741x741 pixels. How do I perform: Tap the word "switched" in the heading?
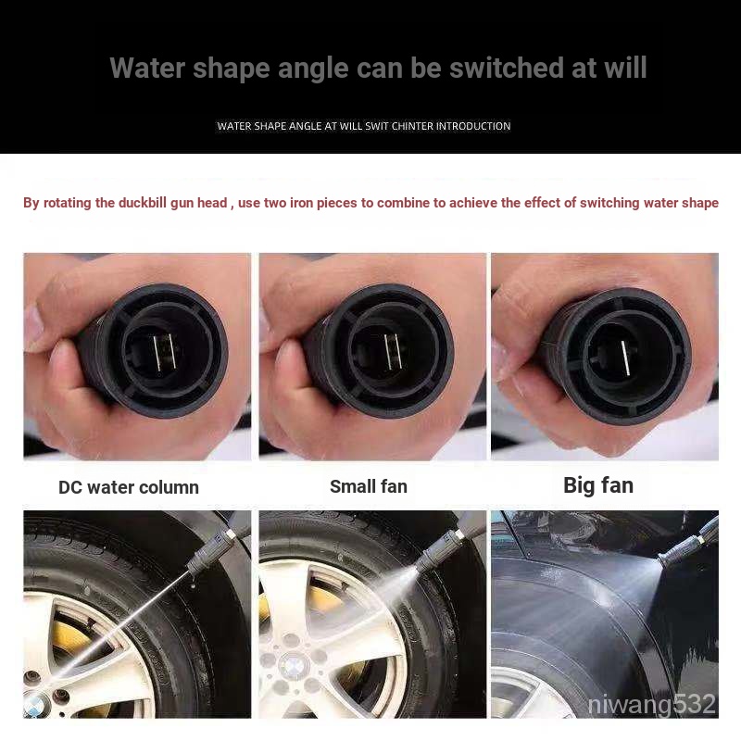coord(506,68)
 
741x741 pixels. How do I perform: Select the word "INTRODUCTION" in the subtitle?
coord(473,126)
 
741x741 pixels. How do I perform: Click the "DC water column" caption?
coord(129,487)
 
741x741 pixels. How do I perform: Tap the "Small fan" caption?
coord(369,486)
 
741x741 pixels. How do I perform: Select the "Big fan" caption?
coord(598,485)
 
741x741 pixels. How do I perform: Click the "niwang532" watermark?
coord(652,704)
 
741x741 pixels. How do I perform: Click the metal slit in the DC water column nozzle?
coord(165,352)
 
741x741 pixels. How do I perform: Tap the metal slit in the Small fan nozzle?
coord(393,352)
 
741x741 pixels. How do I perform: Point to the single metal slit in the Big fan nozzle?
coord(624,358)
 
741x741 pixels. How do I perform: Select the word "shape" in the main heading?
coord(231,69)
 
